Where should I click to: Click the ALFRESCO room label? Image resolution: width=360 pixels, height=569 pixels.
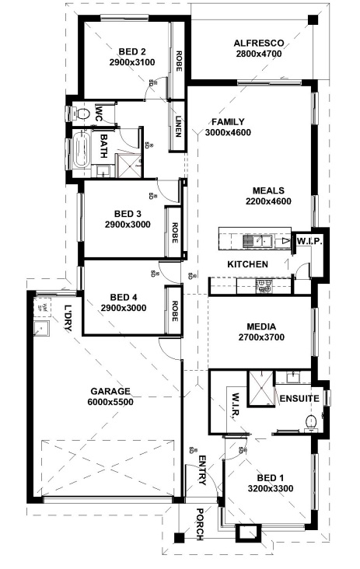[259, 44]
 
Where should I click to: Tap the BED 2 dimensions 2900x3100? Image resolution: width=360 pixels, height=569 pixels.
[132, 62]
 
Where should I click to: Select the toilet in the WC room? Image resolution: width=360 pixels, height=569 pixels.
[81, 114]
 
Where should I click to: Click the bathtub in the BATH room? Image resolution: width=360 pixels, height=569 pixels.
[82, 150]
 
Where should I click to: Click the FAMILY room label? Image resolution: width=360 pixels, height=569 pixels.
[228, 122]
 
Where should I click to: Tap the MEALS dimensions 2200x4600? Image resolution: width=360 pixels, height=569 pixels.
[268, 201]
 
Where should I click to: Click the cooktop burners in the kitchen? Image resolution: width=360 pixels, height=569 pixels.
[264, 286]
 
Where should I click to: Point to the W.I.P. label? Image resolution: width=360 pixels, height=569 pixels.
[309, 241]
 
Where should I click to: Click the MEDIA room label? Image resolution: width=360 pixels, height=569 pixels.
[261, 326]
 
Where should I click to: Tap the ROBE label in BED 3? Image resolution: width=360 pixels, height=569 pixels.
[174, 232]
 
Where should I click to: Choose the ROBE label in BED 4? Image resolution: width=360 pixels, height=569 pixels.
[174, 311]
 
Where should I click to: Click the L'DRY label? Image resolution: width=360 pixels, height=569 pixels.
[68, 318]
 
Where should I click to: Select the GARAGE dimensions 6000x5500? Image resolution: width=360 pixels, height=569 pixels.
[110, 402]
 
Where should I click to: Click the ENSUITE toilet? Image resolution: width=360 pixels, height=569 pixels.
[311, 423]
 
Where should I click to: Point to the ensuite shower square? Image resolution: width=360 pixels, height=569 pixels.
[260, 387]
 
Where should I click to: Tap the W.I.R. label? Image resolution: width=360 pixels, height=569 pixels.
[235, 407]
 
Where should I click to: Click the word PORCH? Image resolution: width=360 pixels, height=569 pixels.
[200, 525]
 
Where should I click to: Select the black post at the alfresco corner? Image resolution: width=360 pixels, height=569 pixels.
[311, 20]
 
